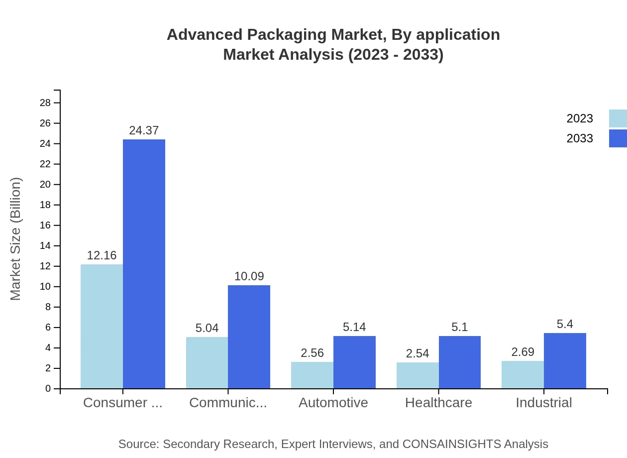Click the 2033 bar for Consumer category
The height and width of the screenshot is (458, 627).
click(144, 264)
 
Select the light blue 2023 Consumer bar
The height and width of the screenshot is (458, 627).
click(102, 326)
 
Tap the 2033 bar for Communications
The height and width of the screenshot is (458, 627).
click(249, 337)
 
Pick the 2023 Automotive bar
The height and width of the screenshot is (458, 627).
click(312, 375)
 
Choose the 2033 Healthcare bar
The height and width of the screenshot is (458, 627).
click(460, 362)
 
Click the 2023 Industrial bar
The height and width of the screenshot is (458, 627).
click(522, 374)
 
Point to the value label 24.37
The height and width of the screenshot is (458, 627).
click(144, 130)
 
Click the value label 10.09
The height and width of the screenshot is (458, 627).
click(249, 276)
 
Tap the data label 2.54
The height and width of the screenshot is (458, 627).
click(417, 353)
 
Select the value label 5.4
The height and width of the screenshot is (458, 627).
click(565, 324)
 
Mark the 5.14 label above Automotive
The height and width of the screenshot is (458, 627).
click(354, 327)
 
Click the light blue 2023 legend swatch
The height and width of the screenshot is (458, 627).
click(618, 118)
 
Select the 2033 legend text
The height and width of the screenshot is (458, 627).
click(580, 138)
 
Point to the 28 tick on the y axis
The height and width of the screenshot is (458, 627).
click(45, 103)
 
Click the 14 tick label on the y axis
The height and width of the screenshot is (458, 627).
click(45, 246)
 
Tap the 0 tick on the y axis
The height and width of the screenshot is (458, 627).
click(48, 389)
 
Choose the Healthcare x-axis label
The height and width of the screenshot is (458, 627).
click(438, 403)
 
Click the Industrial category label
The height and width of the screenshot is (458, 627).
click(543, 403)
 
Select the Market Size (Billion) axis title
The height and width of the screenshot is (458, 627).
click(16, 239)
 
